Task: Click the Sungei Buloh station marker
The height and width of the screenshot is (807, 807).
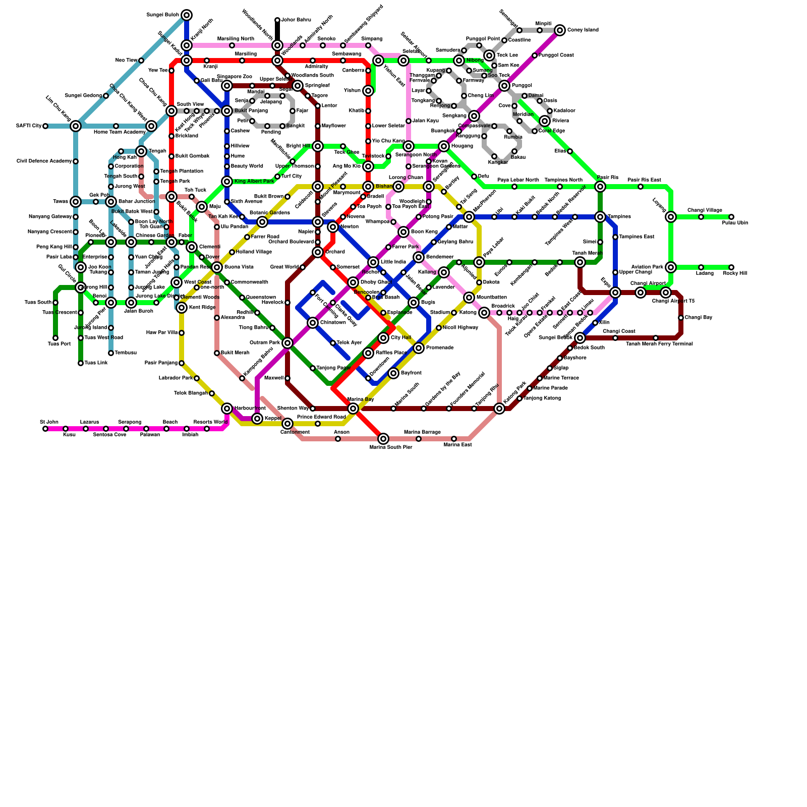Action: click(187, 15)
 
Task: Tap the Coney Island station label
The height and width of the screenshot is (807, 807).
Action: click(583, 30)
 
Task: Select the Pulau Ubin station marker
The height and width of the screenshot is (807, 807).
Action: click(731, 217)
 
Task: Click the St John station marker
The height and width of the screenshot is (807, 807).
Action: click(45, 429)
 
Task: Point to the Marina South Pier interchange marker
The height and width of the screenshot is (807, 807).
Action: click(383, 439)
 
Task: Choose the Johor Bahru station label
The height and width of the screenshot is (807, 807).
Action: click(296, 20)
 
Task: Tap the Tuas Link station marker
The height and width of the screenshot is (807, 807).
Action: click(81, 363)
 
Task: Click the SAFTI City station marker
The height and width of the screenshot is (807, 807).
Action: click(45, 126)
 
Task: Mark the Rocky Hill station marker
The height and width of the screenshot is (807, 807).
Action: click(731, 268)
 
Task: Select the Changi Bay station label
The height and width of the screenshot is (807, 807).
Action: click(698, 318)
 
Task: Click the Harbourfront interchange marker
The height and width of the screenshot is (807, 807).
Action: click(227, 409)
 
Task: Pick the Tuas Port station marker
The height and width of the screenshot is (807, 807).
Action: click(55, 338)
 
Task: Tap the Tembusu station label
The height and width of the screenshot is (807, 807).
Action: click(126, 353)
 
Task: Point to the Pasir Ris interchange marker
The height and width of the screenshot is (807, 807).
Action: click(600, 187)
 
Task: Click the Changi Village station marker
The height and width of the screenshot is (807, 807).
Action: click(701, 217)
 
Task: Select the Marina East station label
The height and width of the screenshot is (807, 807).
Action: click(457, 445)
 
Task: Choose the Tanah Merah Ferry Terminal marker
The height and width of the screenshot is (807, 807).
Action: click(656, 338)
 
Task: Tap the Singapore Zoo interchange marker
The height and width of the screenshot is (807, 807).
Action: click(227, 86)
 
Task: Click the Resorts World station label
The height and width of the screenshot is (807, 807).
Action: click(210, 422)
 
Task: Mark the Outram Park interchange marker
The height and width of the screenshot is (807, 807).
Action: click(287, 343)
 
